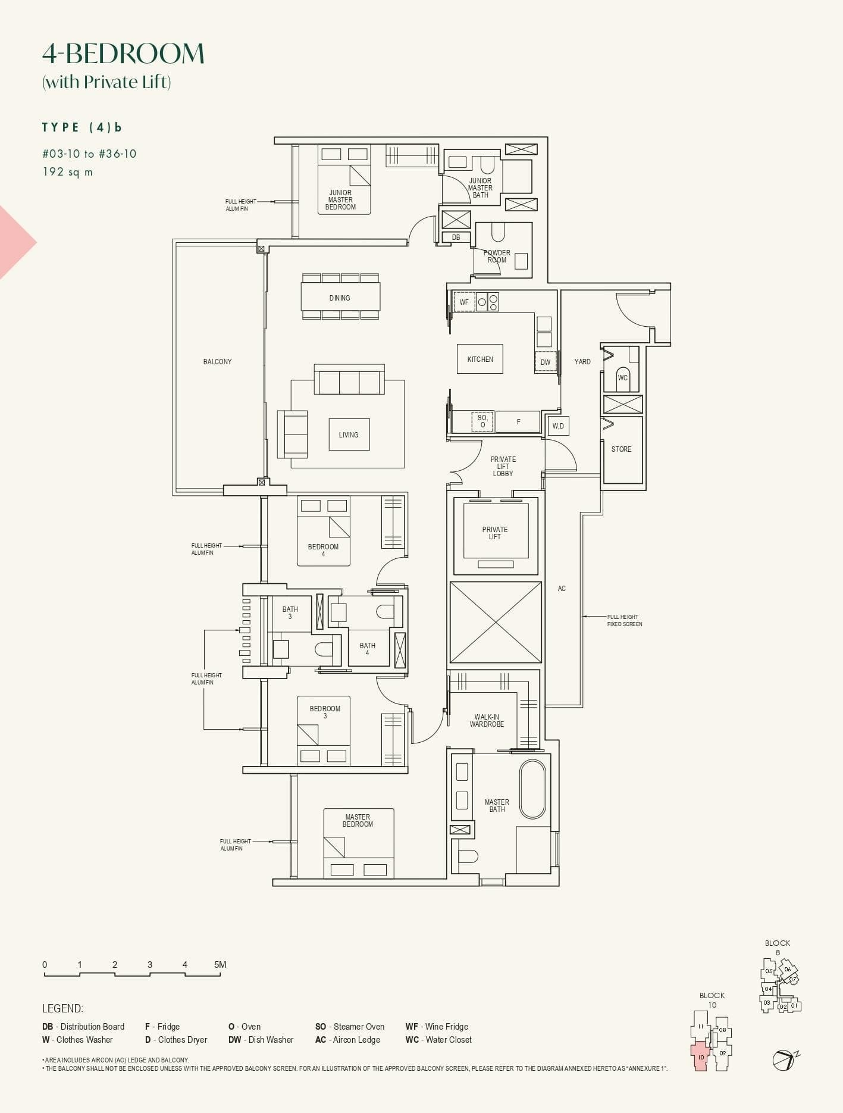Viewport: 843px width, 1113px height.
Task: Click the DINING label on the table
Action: [340, 298]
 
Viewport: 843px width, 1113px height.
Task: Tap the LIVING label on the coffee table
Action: [349, 434]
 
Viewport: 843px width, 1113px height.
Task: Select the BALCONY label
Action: [217, 361]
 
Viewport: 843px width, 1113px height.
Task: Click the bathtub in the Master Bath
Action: [532, 789]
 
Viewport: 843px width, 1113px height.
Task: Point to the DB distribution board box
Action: [456, 237]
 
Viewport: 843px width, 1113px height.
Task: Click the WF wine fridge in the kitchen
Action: [464, 302]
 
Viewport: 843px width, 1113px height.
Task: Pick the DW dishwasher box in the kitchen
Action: [546, 362]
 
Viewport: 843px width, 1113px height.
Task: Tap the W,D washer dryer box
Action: [558, 426]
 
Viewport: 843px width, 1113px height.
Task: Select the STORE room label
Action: [621, 449]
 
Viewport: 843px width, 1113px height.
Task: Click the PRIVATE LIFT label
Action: [495, 533]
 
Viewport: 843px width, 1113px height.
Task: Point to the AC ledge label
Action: [562, 589]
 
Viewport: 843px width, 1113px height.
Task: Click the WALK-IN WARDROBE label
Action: [487, 721]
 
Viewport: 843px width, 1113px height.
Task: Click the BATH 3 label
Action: [290, 612]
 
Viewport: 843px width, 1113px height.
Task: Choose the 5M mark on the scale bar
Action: [220, 965]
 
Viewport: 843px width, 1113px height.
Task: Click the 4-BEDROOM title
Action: [123, 54]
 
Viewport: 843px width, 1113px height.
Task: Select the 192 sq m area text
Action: [67, 172]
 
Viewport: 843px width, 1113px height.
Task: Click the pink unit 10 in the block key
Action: [701, 1056]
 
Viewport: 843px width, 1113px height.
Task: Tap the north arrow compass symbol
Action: [784, 1059]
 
